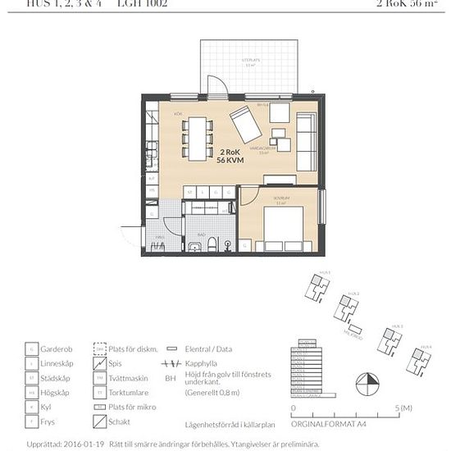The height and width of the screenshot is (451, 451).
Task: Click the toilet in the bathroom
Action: click(211, 244)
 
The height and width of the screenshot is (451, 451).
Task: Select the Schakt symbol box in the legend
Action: click(100, 422)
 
